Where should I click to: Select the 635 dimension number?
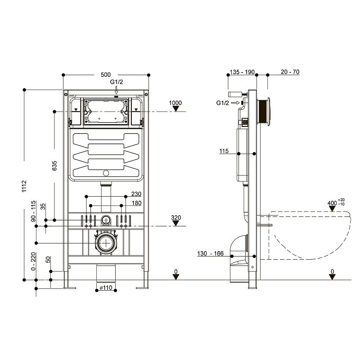coord(54,167)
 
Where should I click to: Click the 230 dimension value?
coord(136,194)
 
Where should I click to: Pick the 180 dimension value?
coord(136,204)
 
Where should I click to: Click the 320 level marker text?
coord(176,218)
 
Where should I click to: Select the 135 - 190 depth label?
coord(242,72)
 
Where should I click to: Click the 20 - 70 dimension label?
coord(290,72)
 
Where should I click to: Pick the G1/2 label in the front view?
coord(116,82)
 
